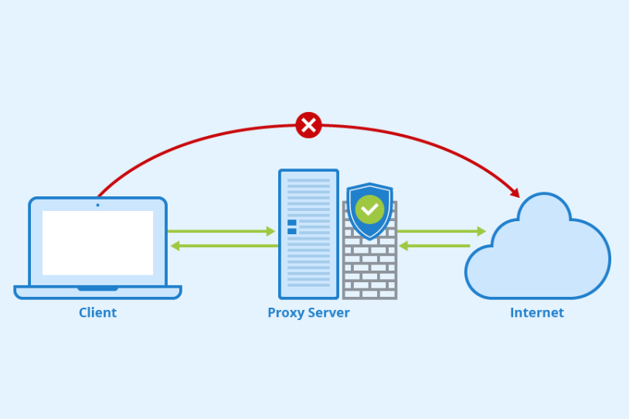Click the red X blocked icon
click(x=308, y=124)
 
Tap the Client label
click(x=97, y=313)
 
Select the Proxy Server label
click(x=308, y=313)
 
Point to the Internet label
click(x=536, y=313)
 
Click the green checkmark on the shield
click(x=369, y=209)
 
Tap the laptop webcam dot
click(x=97, y=205)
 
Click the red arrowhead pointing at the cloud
click(x=513, y=192)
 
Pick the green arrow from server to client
click(x=223, y=246)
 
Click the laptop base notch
click(x=97, y=288)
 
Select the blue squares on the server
click(x=292, y=227)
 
